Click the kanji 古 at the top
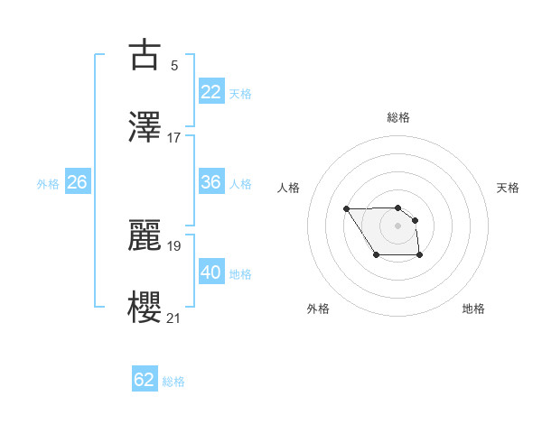[x=145, y=56]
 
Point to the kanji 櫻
[x=145, y=305]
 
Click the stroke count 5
[x=174, y=66]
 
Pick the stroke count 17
[x=174, y=137]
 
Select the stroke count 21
[x=174, y=318]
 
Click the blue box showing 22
[x=211, y=92]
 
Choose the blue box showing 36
[x=211, y=182]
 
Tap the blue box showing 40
[x=211, y=272]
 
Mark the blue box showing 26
[x=77, y=182]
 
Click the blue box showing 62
[x=145, y=380]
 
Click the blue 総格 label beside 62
[x=173, y=382]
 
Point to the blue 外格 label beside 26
[x=48, y=184]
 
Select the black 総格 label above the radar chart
[x=397, y=117]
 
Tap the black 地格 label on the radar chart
[x=473, y=309]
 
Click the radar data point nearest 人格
[x=347, y=209]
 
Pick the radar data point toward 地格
[x=421, y=257]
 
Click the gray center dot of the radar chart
[x=397, y=225]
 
